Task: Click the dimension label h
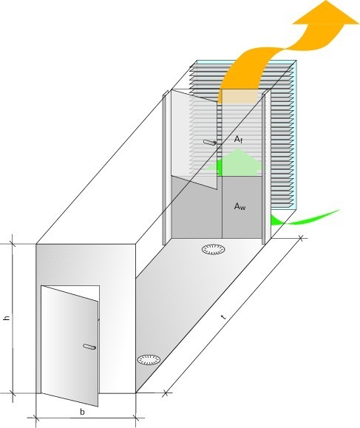(x=7, y=318)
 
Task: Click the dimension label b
(x=82, y=412)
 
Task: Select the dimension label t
(x=223, y=317)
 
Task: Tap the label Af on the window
(x=238, y=140)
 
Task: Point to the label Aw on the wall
(x=240, y=206)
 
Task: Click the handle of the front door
(x=89, y=347)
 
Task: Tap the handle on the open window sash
(x=210, y=142)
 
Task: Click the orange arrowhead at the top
(x=326, y=13)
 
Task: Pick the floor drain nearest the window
(x=214, y=249)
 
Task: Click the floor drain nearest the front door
(x=149, y=359)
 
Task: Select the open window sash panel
(x=194, y=140)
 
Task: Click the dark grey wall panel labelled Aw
(x=242, y=207)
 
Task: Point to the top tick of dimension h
(x=13, y=243)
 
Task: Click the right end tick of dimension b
(x=136, y=418)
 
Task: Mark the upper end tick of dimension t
(x=301, y=238)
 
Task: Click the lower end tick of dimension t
(x=165, y=393)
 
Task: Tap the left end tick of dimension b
(x=35, y=418)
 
